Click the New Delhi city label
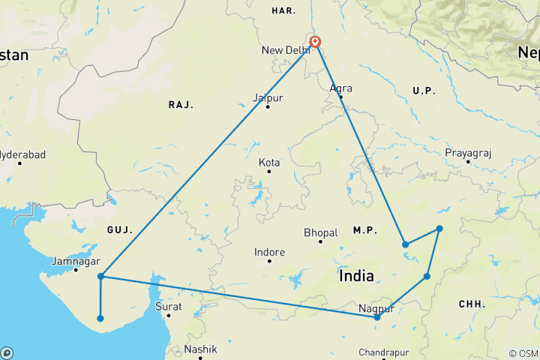pyautogui.click(x=285, y=50)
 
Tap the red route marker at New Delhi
pyautogui.click(x=315, y=43)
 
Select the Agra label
pyautogui.click(x=340, y=88)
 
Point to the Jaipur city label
pyautogui.click(x=268, y=98)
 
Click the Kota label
pyautogui.click(x=269, y=162)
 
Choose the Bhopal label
pyautogui.click(x=321, y=232)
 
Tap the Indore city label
pyautogui.click(x=269, y=253)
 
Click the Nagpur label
pyautogui.click(x=376, y=308)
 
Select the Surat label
pyautogui.click(x=169, y=306)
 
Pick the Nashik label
pyautogui.click(x=201, y=349)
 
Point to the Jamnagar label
pyautogui.click(x=76, y=262)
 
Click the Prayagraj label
pyautogui.click(x=467, y=153)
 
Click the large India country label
pyautogui.click(x=356, y=276)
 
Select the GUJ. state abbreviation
pyautogui.click(x=120, y=228)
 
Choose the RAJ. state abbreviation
pyautogui.click(x=181, y=105)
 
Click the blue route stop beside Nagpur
pyautogui.click(x=377, y=317)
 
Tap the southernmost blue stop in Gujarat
pyautogui.click(x=100, y=319)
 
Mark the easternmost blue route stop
pyautogui.click(x=439, y=229)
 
